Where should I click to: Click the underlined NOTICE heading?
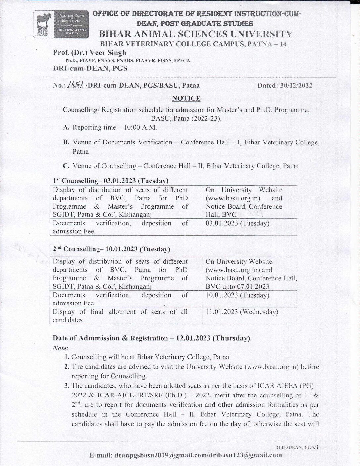(186, 98)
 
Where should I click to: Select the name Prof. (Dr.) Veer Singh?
(90, 52)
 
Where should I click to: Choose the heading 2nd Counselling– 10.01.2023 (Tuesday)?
(112, 249)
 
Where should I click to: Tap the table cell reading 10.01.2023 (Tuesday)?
(237, 295)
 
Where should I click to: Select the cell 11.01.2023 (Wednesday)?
(242, 312)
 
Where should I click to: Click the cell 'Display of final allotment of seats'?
(120, 316)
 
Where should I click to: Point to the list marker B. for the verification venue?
(66, 142)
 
